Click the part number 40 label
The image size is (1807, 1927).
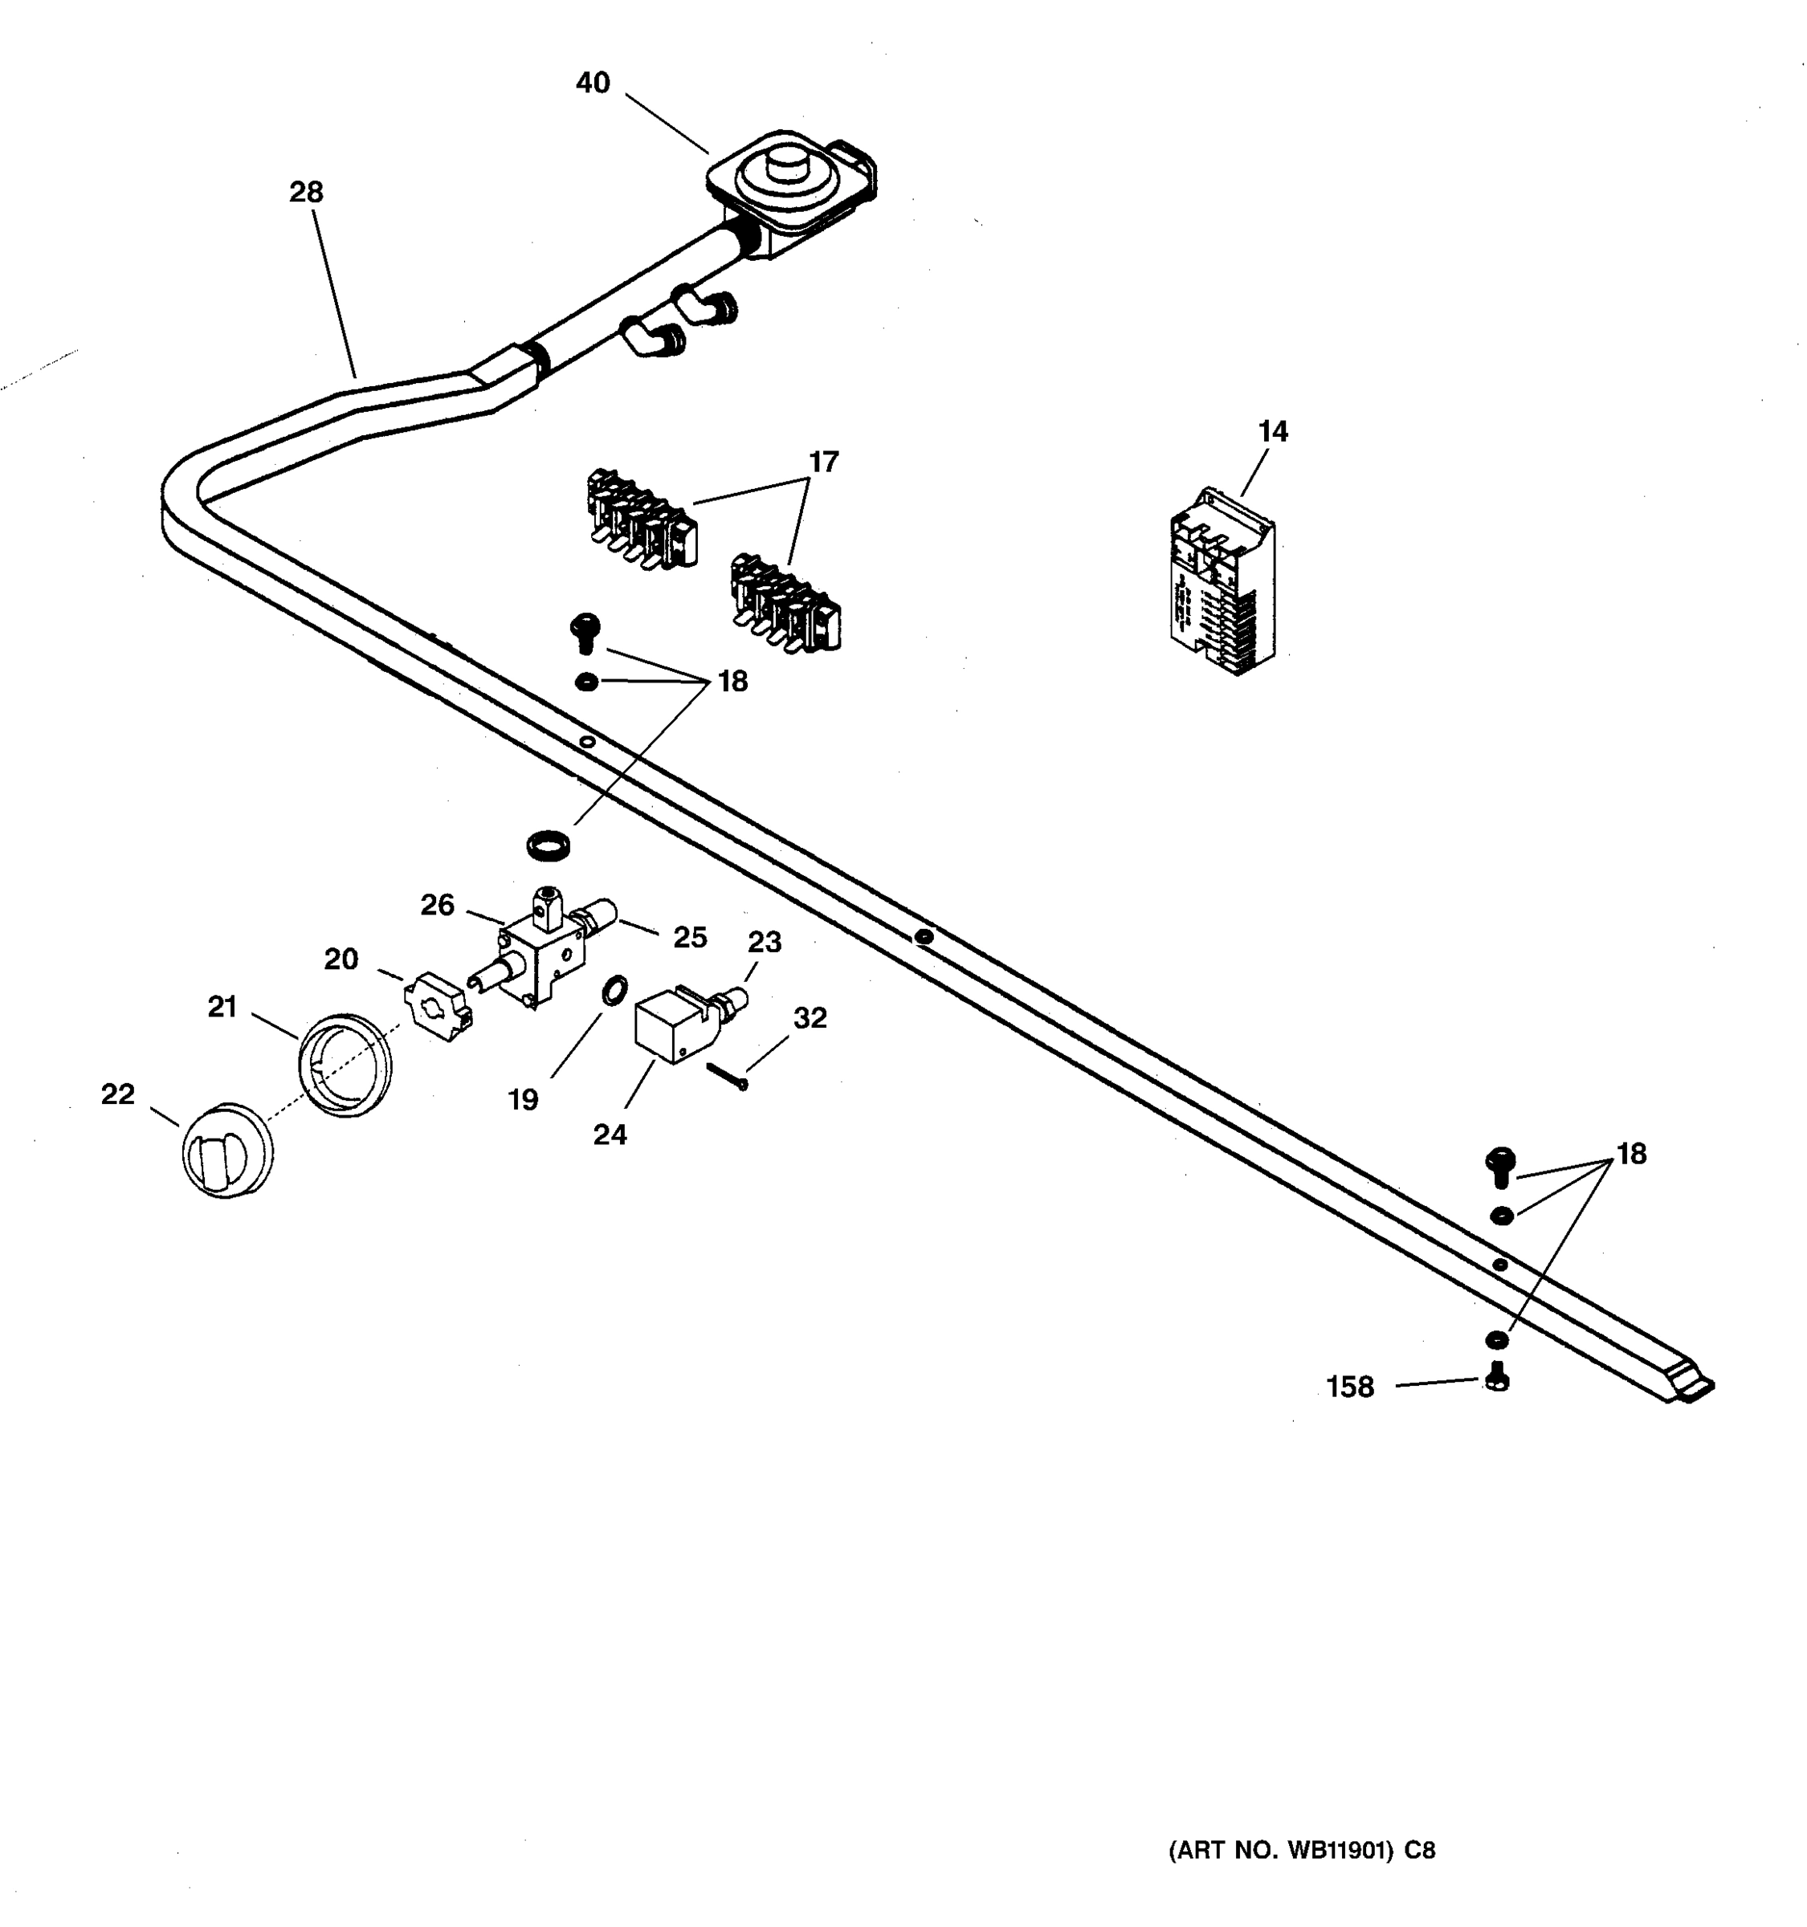[593, 84]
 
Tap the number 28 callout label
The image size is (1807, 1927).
[305, 192]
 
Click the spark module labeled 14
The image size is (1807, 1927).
[1222, 581]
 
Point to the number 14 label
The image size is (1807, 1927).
[1273, 431]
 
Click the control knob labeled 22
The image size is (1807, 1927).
[226, 1151]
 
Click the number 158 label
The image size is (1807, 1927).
[1349, 1387]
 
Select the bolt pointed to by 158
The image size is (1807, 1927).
[1498, 1376]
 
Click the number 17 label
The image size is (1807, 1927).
[823, 462]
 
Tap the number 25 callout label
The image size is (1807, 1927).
[690, 937]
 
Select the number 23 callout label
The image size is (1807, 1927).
[764, 941]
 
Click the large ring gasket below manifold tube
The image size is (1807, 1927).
[549, 845]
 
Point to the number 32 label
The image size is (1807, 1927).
[810, 1018]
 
